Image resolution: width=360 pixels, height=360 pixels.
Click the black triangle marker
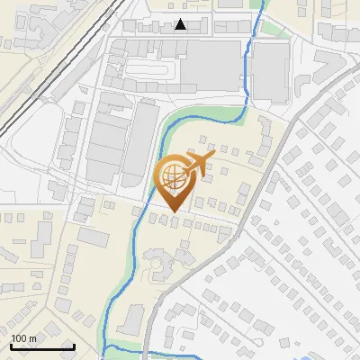point(182,24)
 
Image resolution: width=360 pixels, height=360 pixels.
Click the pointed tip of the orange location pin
point(173,212)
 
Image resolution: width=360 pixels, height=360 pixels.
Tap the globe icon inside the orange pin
point(173,177)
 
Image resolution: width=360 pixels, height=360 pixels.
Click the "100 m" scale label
point(24,337)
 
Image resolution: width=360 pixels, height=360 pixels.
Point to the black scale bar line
point(42,346)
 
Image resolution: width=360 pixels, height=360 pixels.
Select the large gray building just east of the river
point(270,72)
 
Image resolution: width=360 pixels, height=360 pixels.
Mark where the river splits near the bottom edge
point(106,346)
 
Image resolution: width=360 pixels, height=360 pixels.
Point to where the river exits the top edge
point(262,4)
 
